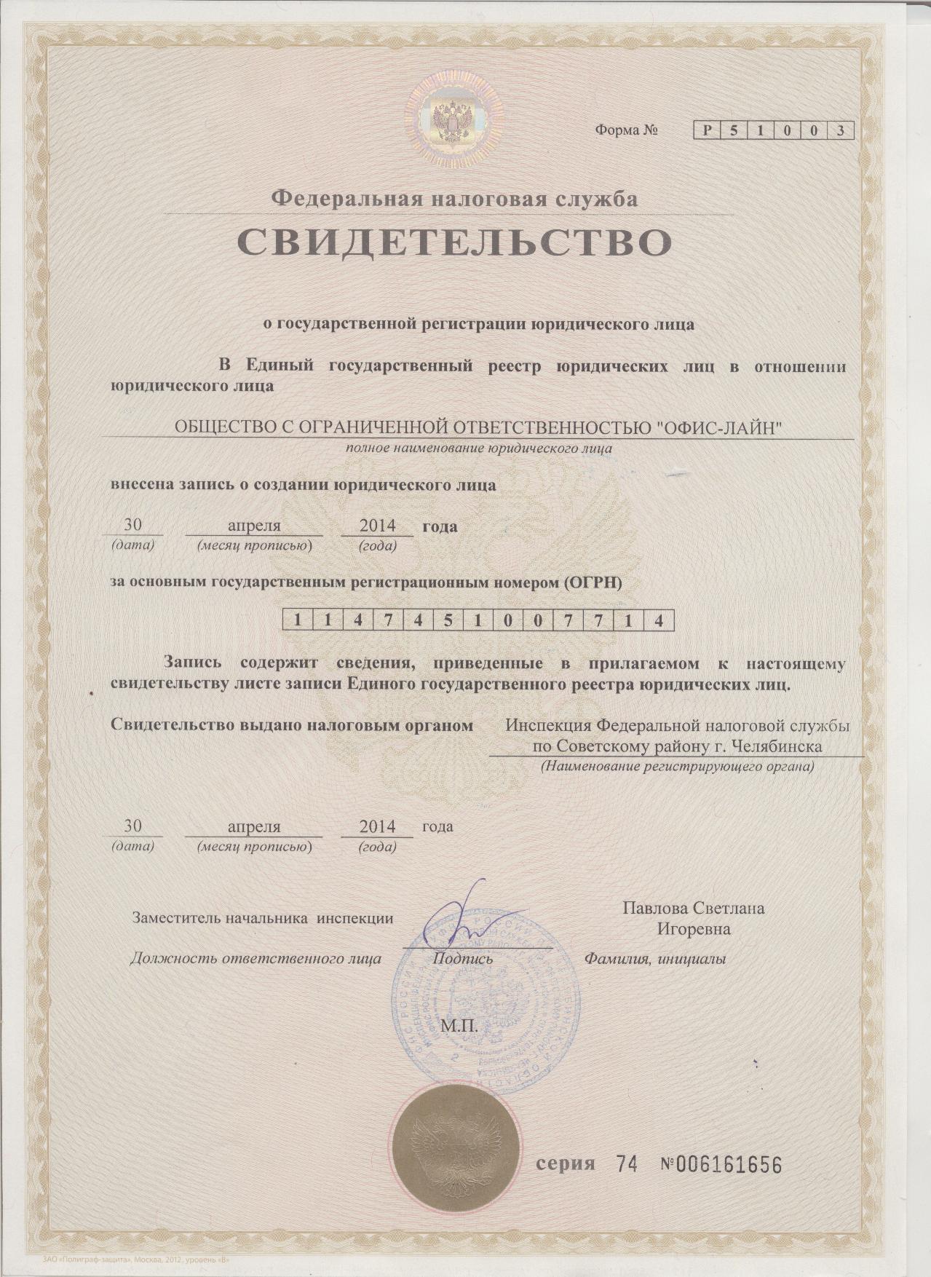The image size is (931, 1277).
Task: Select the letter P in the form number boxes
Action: pyautogui.click(x=706, y=131)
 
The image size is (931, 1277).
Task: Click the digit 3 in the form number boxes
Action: pyautogui.click(x=841, y=131)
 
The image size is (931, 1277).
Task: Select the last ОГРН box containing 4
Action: pyautogui.click(x=659, y=620)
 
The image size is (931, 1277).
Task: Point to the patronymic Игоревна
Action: pyautogui.click(x=694, y=929)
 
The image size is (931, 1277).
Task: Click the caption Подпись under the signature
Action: pyautogui.click(x=463, y=958)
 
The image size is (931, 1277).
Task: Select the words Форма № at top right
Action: pyautogui.click(x=627, y=131)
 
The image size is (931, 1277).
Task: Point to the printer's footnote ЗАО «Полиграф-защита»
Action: pyautogui.click(x=73, y=1261)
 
